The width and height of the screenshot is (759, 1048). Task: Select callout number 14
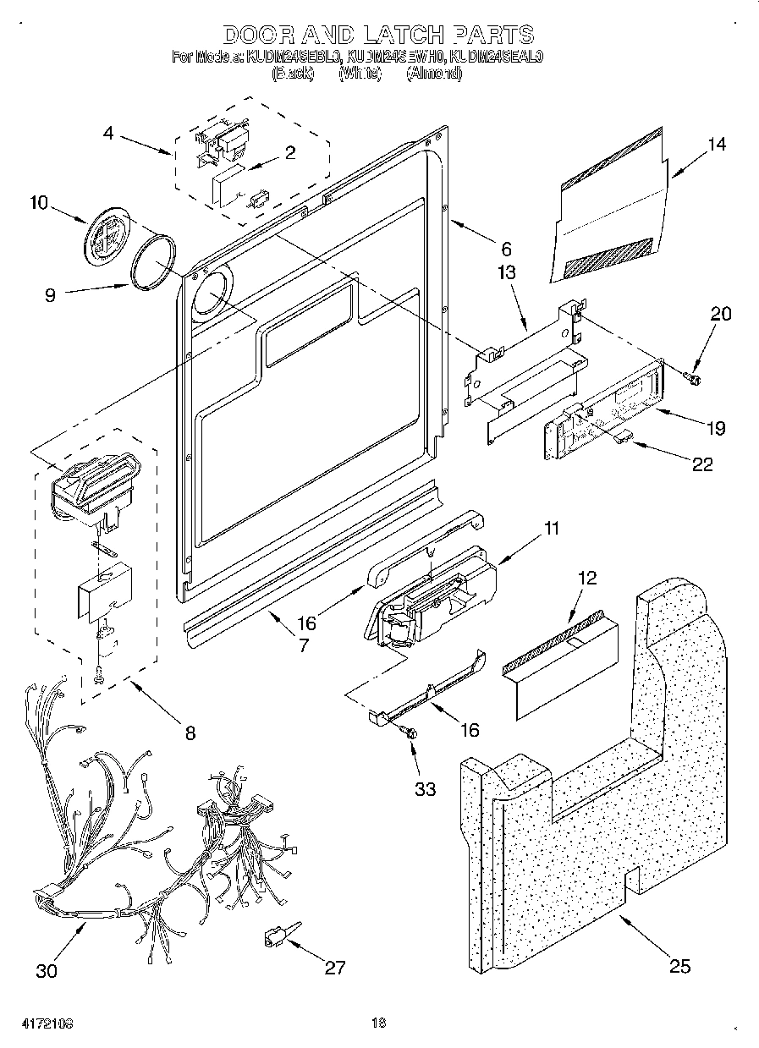pyautogui.click(x=716, y=145)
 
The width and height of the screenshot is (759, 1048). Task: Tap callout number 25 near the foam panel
pyautogui.click(x=679, y=966)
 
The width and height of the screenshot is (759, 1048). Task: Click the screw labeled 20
pyautogui.click(x=694, y=377)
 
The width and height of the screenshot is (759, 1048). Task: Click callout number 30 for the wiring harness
pyautogui.click(x=47, y=970)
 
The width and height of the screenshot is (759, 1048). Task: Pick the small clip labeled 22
pyautogui.click(x=623, y=435)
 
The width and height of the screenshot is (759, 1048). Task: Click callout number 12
pyautogui.click(x=587, y=579)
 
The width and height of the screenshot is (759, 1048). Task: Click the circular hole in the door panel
pyautogui.click(x=212, y=293)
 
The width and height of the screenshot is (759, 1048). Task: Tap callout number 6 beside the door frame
pyautogui.click(x=506, y=250)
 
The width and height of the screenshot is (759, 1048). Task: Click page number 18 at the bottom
pyautogui.click(x=379, y=1023)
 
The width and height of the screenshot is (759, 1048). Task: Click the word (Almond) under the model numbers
pyautogui.click(x=434, y=74)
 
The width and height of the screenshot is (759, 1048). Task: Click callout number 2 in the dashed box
pyautogui.click(x=290, y=153)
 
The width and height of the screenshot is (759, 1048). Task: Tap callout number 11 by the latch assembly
pyautogui.click(x=552, y=529)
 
